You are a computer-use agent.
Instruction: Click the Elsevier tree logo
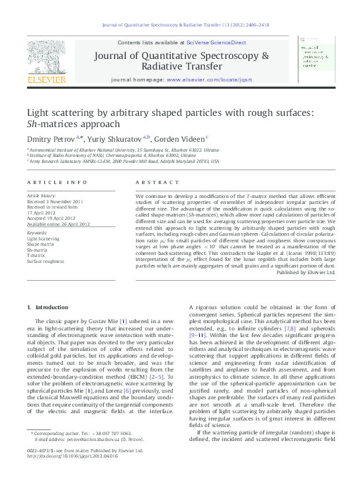pyautogui.click(x=46, y=58)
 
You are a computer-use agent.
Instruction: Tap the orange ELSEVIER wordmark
pyautogui.click(x=46, y=80)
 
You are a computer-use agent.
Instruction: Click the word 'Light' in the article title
pyautogui.click(x=39, y=113)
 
